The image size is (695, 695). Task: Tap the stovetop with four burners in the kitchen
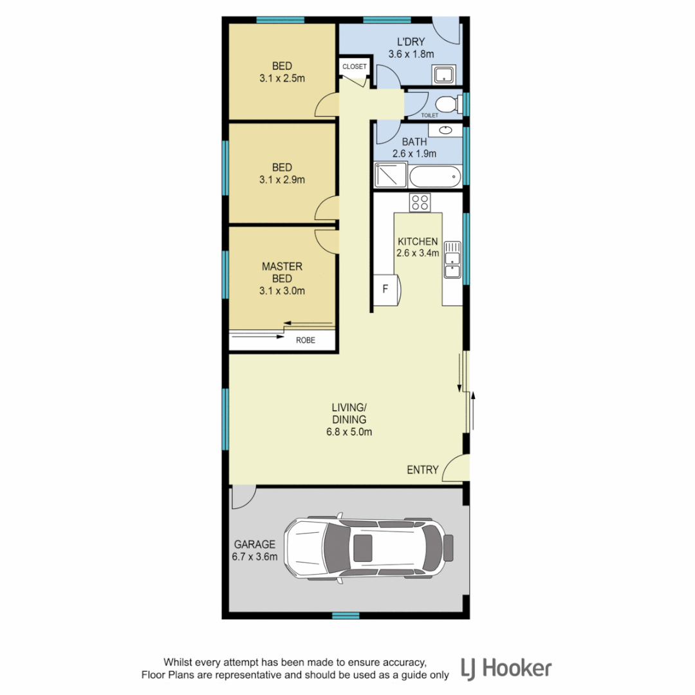420,202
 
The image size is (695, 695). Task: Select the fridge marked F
386,288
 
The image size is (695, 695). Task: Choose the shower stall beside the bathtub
390,174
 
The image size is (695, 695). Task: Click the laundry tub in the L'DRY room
444,75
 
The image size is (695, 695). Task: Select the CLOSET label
354,67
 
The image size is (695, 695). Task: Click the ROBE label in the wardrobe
305,340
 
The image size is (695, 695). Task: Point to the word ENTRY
422,470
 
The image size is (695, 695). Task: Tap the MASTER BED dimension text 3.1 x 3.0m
282,291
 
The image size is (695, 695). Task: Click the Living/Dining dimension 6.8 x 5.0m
349,432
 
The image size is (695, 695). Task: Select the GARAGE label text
255,544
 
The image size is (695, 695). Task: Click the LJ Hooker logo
506,668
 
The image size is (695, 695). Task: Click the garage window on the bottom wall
346,616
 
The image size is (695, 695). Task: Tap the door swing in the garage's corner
243,497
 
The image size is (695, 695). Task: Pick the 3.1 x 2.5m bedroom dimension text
282,79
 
